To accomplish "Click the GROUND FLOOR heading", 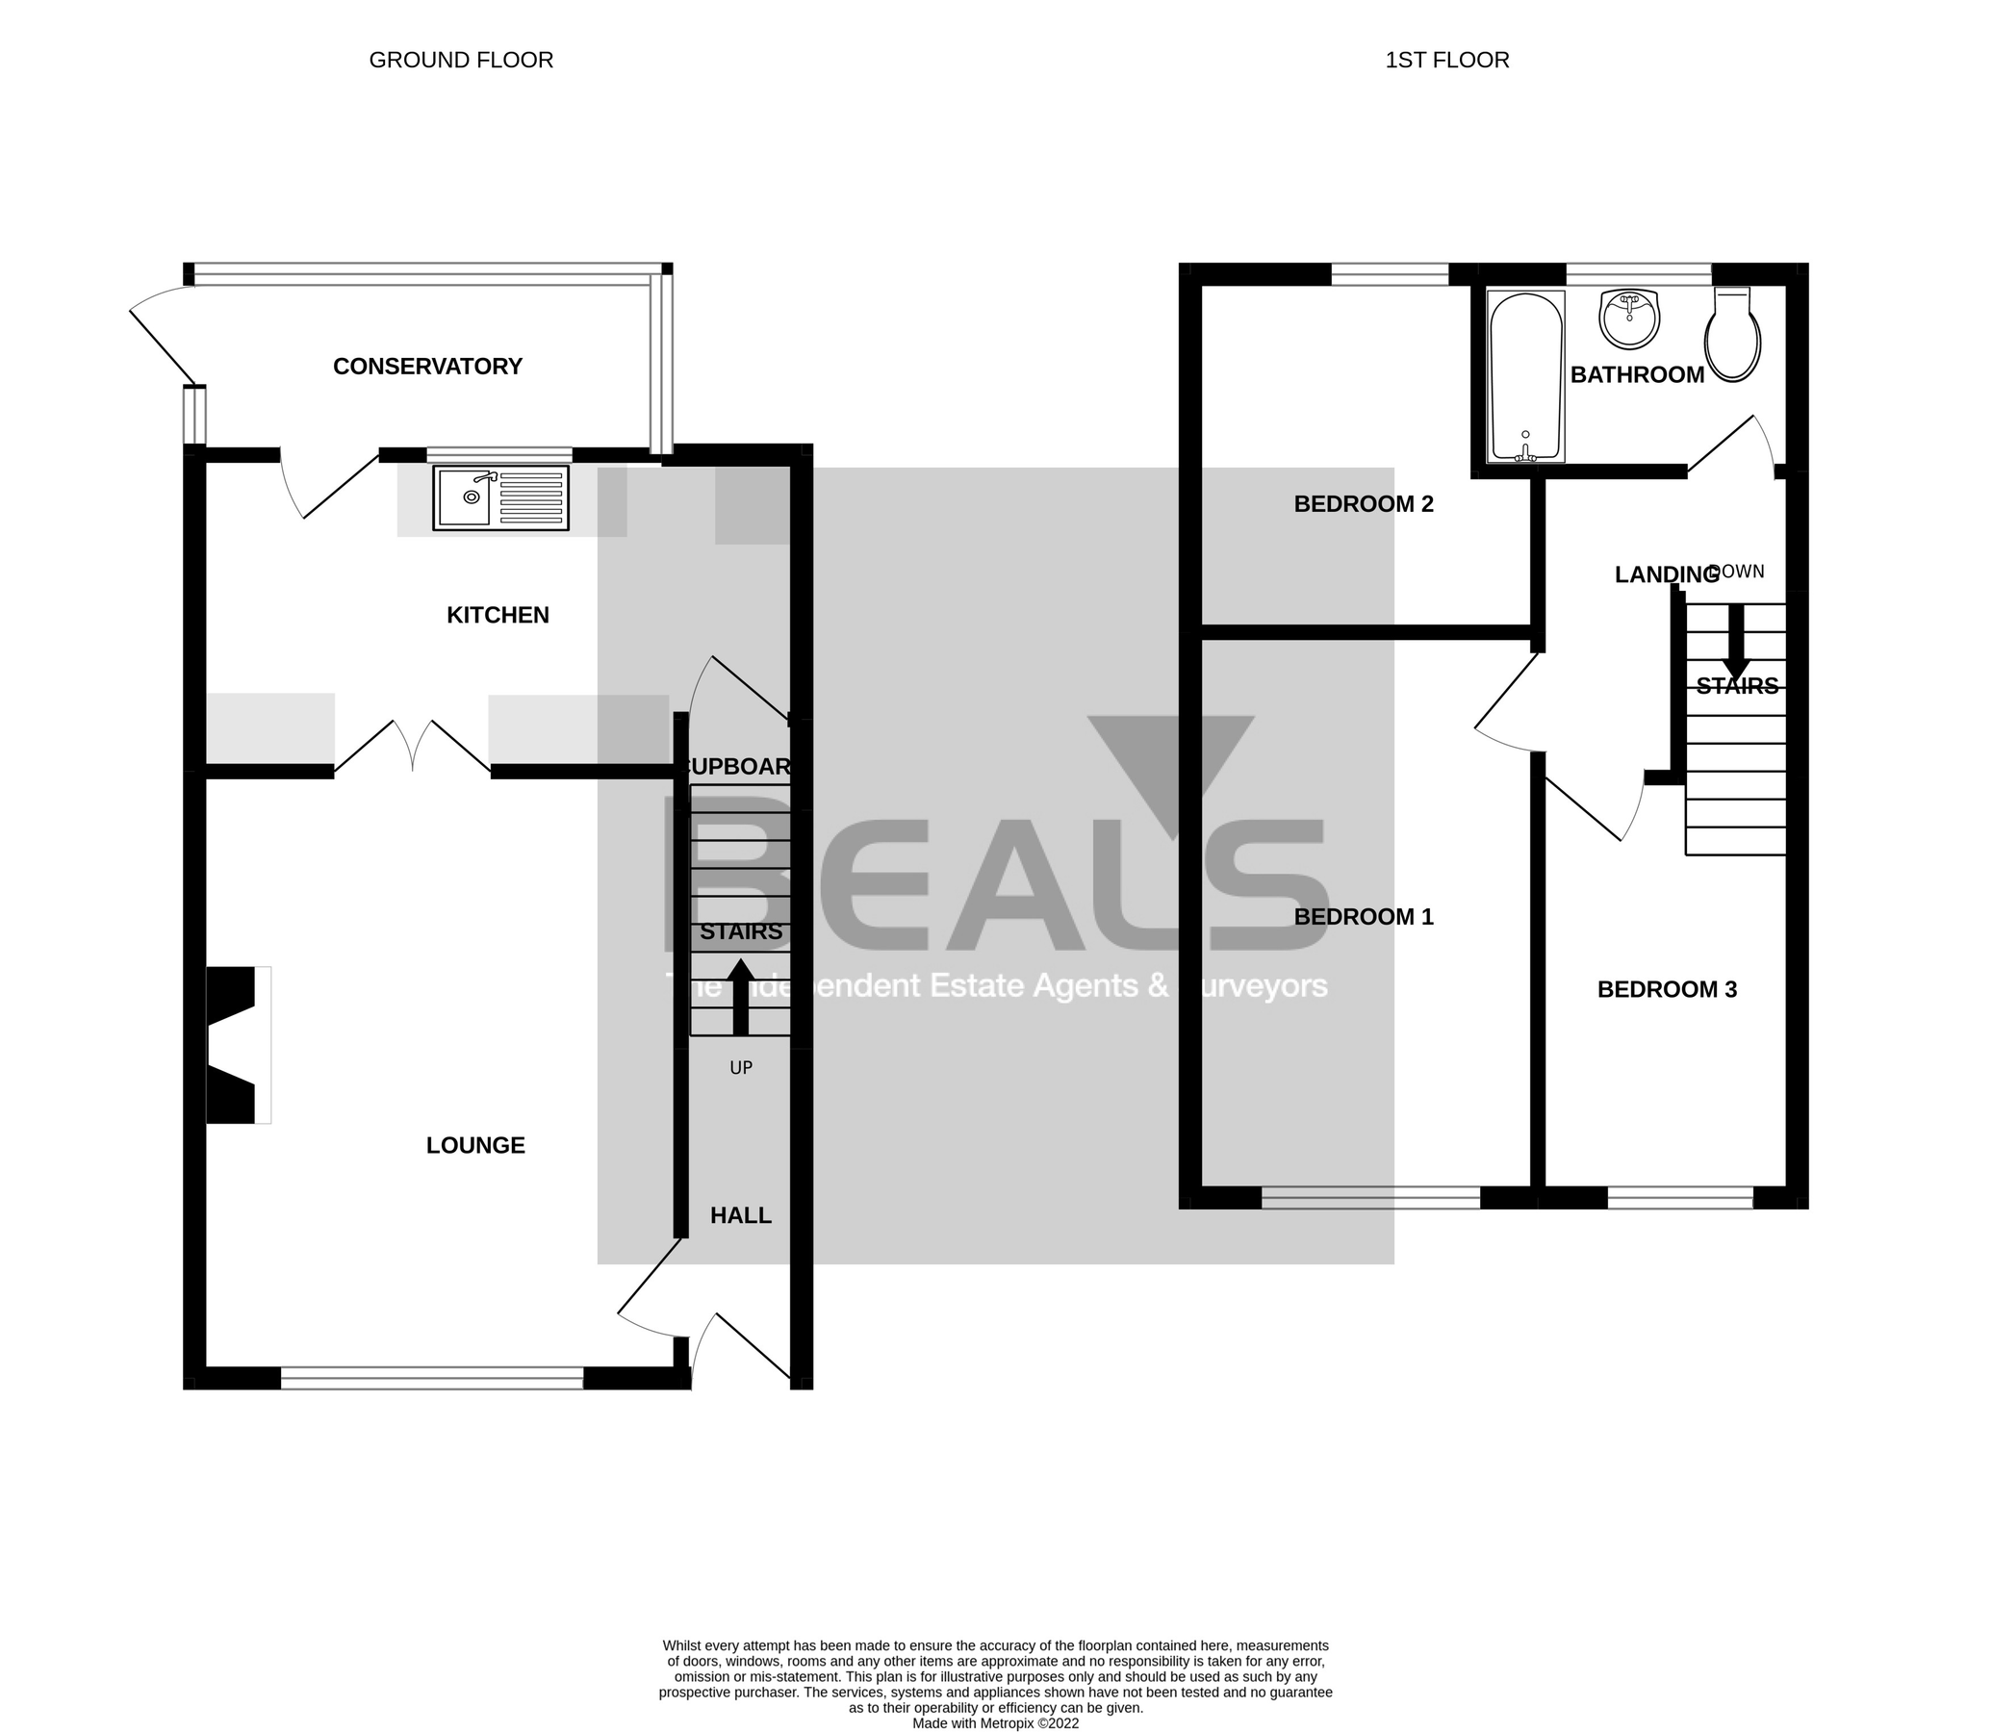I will tap(461, 60).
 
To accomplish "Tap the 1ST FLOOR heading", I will tap(1446, 60).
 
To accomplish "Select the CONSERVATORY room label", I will tap(427, 367).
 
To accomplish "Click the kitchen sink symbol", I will tap(500, 497).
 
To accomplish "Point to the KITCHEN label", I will tap(498, 615).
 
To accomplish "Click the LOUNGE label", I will tap(475, 1145).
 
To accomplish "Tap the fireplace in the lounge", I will tap(235, 1045).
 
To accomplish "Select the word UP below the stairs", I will tap(740, 1068).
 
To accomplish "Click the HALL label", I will tap(740, 1216).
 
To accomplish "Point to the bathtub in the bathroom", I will tap(1526, 376).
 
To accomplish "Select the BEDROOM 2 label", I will tap(1363, 503).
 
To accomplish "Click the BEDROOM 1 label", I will tap(1363, 916).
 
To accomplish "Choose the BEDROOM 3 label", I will tap(1667, 990).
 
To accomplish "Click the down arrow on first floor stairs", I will tap(1736, 642).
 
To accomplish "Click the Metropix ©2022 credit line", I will tap(995, 1723).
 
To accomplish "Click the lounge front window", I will tap(432, 1377).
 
